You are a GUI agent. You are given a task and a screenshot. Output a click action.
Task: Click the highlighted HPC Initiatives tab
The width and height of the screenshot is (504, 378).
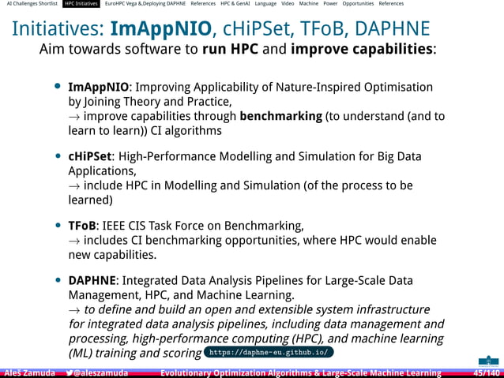tap(81, 4)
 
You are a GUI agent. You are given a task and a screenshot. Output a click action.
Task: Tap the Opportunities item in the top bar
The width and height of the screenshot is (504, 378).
tap(358, 4)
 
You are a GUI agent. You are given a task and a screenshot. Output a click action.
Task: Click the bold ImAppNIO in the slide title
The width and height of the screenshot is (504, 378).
tap(163, 29)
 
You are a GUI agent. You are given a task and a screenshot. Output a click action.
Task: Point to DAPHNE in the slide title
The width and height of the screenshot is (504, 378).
tap(393, 29)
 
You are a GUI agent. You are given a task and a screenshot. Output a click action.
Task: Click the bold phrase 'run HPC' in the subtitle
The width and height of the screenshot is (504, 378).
tap(234, 50)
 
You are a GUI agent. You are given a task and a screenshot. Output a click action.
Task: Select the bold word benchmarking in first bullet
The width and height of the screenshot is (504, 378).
tap(280, 116)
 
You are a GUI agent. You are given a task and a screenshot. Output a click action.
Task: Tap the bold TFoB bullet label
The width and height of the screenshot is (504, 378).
tap(83, 225)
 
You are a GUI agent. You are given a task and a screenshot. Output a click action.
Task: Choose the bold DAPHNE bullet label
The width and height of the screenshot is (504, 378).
tap(92, 280)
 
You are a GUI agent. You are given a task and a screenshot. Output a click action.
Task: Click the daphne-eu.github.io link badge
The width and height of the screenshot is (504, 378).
tap(269, 352)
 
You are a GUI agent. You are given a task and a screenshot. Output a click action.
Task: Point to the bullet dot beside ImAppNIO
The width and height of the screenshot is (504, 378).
tap(58, 87)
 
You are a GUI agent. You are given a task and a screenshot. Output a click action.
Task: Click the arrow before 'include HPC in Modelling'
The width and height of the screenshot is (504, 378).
tap(74, 186)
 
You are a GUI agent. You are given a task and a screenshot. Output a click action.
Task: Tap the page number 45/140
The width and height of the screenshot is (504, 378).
tap(486, 372)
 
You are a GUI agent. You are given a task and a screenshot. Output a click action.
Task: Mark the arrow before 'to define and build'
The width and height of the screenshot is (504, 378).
tap(74, 310)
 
